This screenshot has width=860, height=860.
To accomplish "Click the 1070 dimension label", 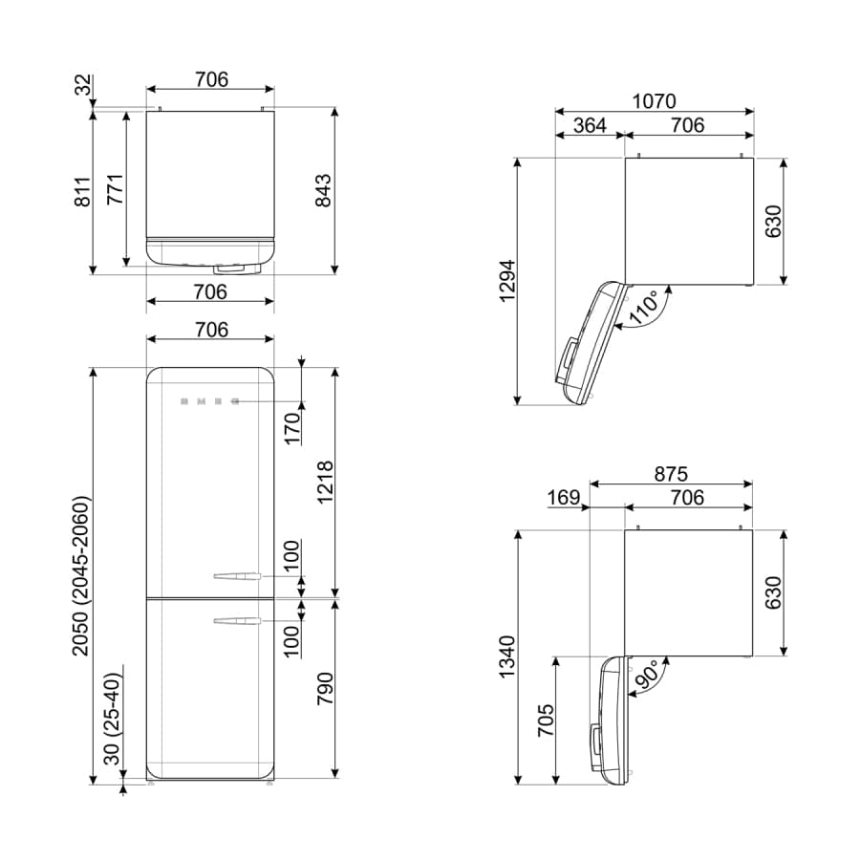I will click(x=654, y=100).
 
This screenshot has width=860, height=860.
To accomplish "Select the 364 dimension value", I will click(x=589, y=125).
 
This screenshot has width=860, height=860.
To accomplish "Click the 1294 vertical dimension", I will click(x=506, y=282).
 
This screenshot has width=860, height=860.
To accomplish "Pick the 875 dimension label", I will click(x=671, y=474).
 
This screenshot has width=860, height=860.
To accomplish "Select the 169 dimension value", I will click(x=565, y=498).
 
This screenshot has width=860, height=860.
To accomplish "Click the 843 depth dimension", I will click(x=324, y=190).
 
